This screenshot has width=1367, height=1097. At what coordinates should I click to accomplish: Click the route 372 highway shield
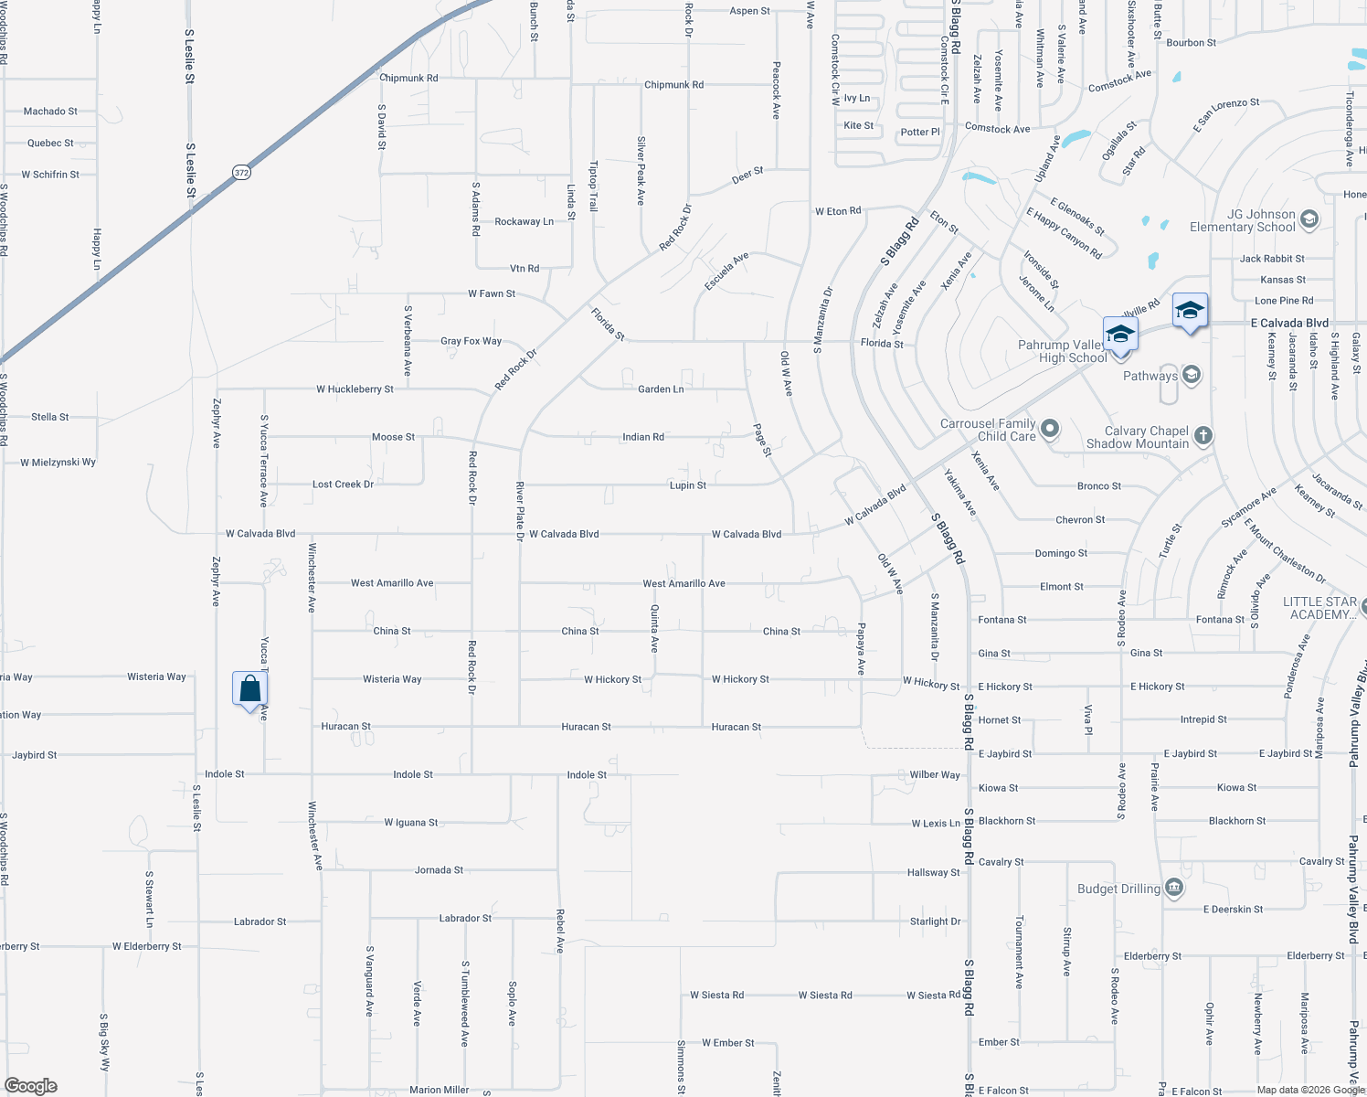coord(241,172)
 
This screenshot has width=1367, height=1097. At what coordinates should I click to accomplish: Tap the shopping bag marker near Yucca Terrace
coord(249,689)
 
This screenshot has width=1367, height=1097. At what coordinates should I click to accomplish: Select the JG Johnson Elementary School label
coord(1242,220)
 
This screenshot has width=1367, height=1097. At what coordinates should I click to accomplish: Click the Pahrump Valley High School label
coord(1063,351)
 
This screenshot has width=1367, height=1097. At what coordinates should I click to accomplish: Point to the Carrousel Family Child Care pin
coord(1050,428)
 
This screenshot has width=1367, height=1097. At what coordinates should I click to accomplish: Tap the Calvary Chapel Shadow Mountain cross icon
coord(1203,436)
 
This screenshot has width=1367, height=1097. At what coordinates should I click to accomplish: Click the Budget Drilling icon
coord(1175,888)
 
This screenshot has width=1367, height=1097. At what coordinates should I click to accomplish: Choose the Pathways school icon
coord(1191,375)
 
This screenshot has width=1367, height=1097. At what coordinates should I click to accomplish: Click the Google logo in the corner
coord(31,1085)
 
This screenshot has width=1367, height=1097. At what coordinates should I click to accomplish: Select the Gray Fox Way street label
coord(471,341)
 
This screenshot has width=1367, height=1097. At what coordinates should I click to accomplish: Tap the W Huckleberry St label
coord(355,389)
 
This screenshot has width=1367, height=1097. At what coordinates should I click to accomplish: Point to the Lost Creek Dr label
coord(343,485)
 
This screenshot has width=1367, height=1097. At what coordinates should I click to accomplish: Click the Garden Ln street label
coord(661,389)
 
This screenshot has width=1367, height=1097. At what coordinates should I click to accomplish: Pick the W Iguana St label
coord(410,823)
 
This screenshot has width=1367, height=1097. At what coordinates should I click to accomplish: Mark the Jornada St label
coord(439,870)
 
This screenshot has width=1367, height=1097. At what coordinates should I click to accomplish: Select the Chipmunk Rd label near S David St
coord(408,79)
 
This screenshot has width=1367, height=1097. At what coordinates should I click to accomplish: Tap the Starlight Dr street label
coord(935,921)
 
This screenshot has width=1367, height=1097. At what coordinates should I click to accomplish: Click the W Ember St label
coord(727,1043)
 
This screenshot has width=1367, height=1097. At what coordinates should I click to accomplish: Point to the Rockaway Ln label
coord(524,222)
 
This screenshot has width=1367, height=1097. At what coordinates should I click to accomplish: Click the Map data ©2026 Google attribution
coord(1309,1090)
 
